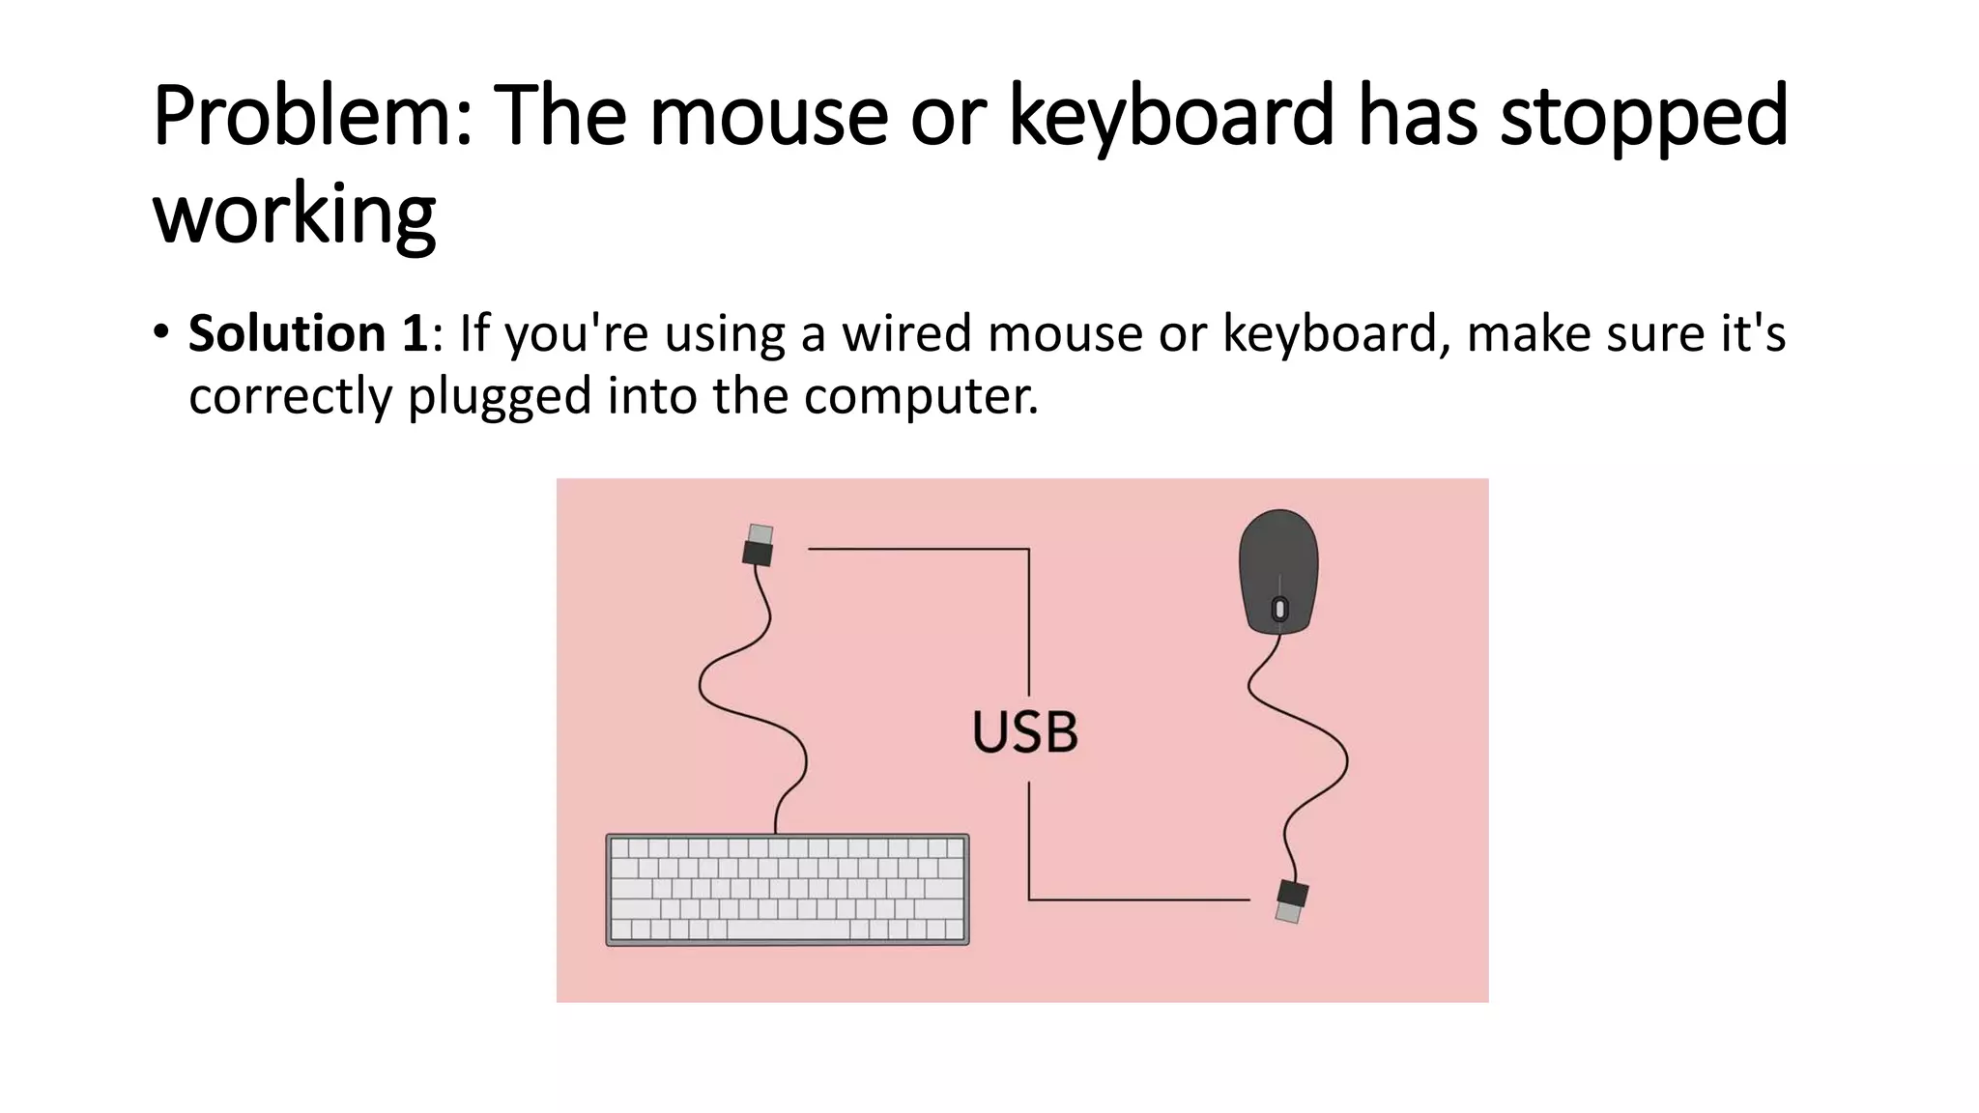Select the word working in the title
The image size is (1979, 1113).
click(295, 214)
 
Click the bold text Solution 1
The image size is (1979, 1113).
click(307, 333)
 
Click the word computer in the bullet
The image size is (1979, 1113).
click(920, 396)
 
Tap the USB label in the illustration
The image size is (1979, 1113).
click(1024, 731)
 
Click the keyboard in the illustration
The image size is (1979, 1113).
click(787, 889)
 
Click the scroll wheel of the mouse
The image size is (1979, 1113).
click(1279, 610)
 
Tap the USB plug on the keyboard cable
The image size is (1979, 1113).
click(759, 546)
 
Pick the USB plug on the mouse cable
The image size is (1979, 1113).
click(1291, 900)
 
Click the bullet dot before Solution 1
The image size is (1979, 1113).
click(160, 333)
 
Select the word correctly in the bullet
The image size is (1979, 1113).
click(290, 396)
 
